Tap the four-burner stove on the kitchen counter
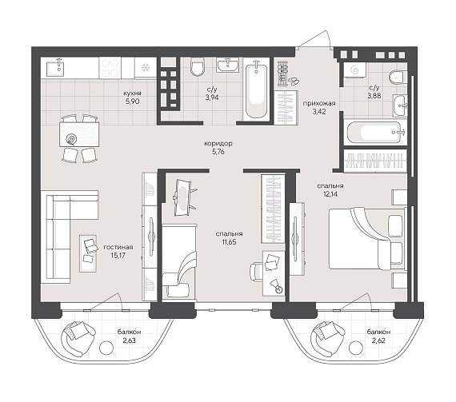[x=110, y=68]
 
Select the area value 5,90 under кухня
[x=132, y=101]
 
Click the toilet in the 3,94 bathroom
[x=198, y=67]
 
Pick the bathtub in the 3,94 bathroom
[x=257, y=91]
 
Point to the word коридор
[x=218, y=144]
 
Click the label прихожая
[x=319, y=103]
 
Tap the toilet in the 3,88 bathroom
[x=398, y=77]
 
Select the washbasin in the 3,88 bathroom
[x=400, y=105]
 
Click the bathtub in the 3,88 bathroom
[x=374, y=133]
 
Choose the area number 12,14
[x=330, y=193]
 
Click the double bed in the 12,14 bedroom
[x=367, y=238]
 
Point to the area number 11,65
[x=229, y=241]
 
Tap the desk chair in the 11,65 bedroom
[x=256, y=272]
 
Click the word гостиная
[x=118, y=247]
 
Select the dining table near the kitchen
[x=79, y=134]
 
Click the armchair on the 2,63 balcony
[x=77, y=338]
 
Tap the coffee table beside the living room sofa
[x=88, y=253]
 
